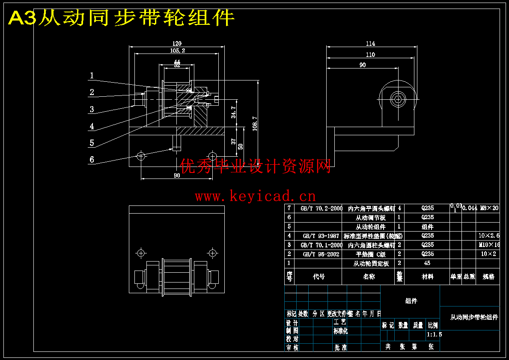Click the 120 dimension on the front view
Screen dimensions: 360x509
(x=177, y=43)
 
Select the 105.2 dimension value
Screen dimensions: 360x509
(x=177, y=51)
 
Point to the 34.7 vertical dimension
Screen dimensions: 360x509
(x=233, y=112)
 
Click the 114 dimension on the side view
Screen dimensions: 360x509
(x=371, y=43)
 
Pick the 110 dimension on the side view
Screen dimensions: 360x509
(x=371, y=54)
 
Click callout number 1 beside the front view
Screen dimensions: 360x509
(x=91, y=76)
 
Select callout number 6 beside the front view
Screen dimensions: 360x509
(x=92, y=160)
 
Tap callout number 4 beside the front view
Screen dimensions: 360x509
(x=92, y=126)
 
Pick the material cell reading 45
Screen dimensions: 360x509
(x=427, y=263)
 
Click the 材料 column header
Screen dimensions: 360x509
(x=427, y=277)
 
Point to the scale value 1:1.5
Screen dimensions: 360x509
(x=434, y=334)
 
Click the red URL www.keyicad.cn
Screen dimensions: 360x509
(x=255, y=196)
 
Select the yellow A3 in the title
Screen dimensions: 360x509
(x=22, y=18)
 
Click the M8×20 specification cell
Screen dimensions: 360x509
(x=489, y=208)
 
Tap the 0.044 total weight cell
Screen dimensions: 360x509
(x=470, y=208)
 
